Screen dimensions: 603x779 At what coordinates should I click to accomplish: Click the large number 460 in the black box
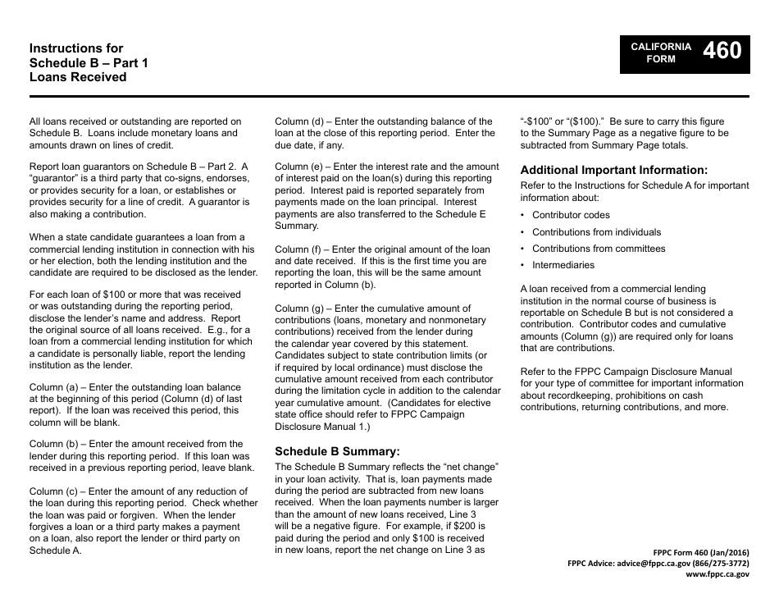[x=722, y=52]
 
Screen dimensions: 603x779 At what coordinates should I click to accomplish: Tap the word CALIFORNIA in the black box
[x=661, y=47]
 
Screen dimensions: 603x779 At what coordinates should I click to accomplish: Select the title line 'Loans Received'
[x=78, y=77]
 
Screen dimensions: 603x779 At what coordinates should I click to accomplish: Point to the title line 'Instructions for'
[x=76, y=48]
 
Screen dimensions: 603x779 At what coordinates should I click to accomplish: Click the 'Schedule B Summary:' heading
[x=337, y=451]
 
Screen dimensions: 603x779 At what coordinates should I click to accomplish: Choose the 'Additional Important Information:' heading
[x=614, y=171]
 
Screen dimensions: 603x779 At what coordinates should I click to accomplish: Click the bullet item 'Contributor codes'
[x=571, y=215]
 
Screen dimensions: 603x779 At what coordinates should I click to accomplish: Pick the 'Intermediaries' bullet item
[x=563, y=265]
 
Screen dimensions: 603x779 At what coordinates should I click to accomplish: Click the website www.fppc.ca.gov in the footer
[x=717, y=575]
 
